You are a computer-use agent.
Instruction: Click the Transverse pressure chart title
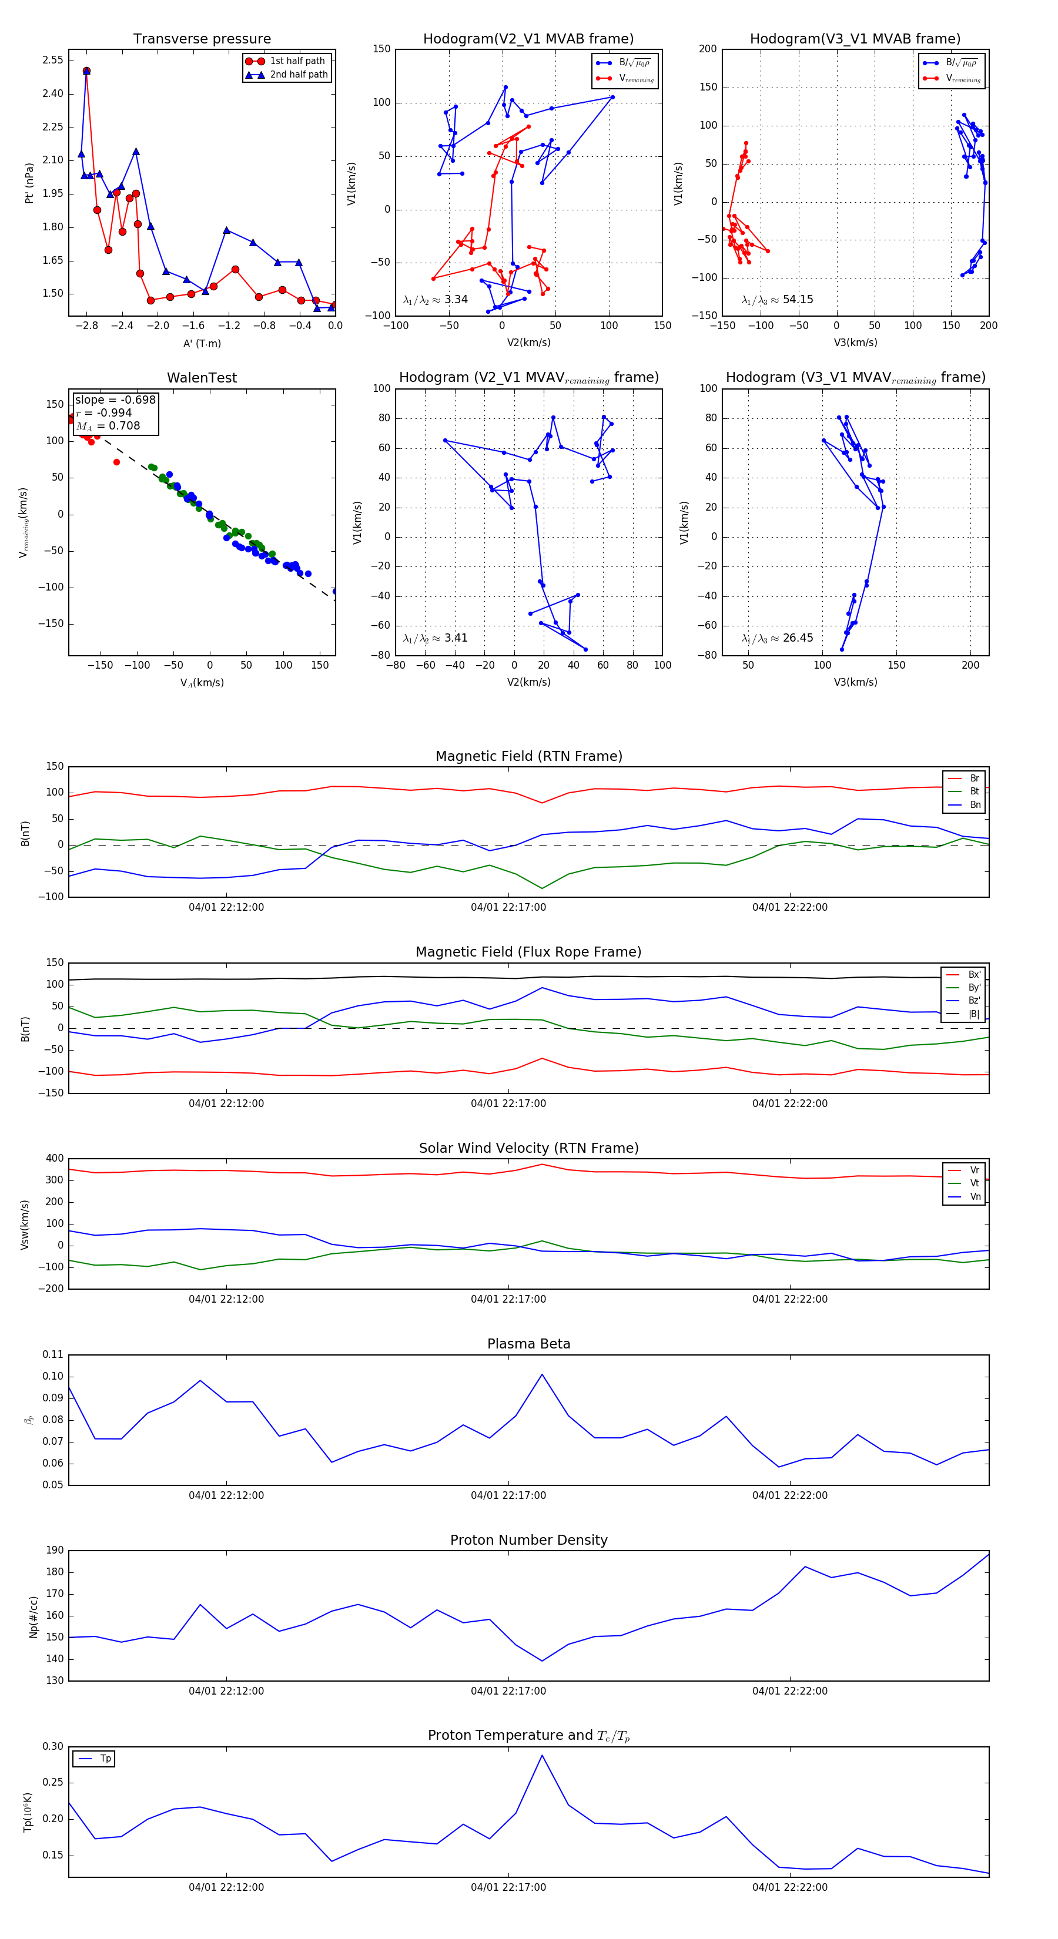(x=202, y=39)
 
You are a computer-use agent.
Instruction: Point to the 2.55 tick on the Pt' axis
(x=53, y=60)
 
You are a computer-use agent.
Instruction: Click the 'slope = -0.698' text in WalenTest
(x=115, y=400)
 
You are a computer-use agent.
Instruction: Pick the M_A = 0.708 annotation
(x=108, y=426)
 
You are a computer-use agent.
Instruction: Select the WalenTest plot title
(x=202, y=378)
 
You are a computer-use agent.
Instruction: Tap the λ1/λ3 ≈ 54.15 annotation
(x=777, y=300)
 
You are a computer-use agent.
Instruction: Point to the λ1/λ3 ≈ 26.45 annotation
(x=777, y=638)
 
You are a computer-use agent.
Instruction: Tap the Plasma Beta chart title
(x=528, y=1344)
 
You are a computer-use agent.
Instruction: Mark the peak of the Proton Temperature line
(x=541, y=1755)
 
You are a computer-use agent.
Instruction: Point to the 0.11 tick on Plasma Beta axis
(x=53, y=1354)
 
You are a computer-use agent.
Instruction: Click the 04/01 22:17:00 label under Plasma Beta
(x=508, y=1495)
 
